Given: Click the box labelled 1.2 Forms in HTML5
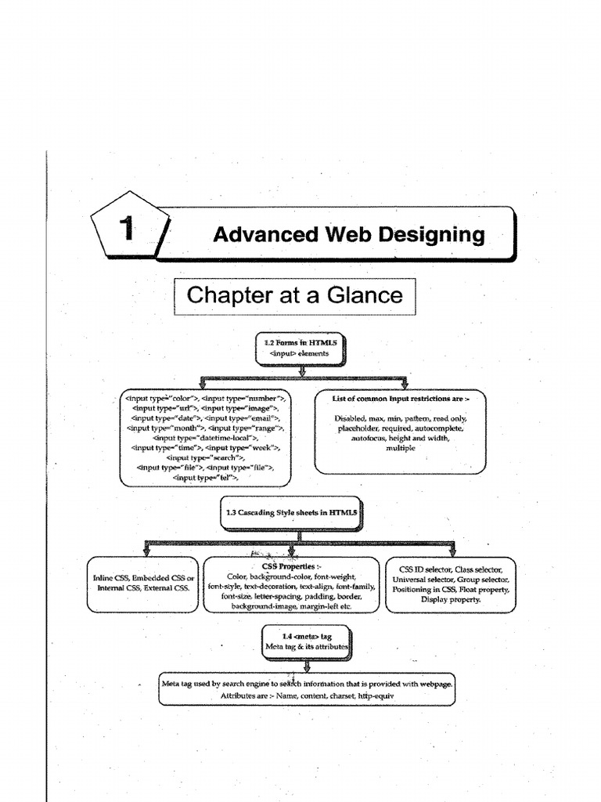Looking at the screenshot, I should pos(301,348).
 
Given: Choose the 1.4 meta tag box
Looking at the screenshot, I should pos(306,642).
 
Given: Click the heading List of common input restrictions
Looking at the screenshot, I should pos(401,399).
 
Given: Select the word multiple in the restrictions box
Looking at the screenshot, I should pos(401,449).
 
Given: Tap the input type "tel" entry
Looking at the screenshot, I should pos(205,476).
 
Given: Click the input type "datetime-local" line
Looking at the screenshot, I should pos(206,438).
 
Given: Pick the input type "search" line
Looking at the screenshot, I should pos(206,457).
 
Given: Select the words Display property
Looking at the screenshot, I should pos(451,599).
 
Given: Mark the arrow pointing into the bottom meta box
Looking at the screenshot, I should pos(307,667).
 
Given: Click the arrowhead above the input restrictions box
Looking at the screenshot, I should pos(405,384).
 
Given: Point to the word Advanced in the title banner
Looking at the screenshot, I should pos(258,234).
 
